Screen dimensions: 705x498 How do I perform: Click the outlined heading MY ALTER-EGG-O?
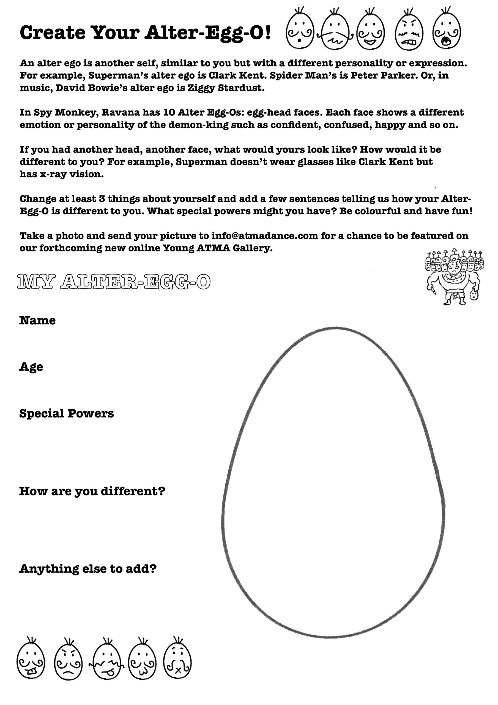pos(114,282)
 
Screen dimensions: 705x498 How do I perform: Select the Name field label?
pos(37,320)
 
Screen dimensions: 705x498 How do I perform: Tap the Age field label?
pos(31,367)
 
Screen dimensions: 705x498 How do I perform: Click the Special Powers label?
pos(66,413)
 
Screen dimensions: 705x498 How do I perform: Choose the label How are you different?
pos(92,491)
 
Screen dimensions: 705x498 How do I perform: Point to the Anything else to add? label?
pos(88,569)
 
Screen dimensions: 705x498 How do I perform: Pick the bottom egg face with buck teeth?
pos(31,662)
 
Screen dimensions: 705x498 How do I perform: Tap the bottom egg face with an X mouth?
pos(177,662)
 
